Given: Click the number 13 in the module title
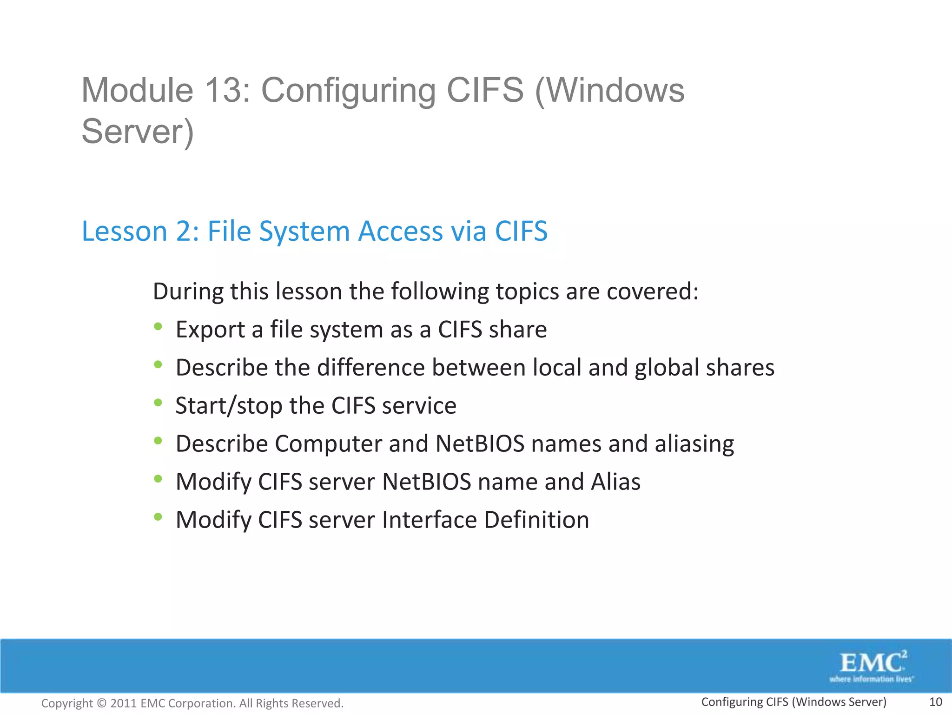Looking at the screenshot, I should click(x=221, y=90).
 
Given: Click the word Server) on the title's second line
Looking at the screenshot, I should click(x=138, y=132).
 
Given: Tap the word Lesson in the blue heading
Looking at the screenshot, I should click(x=124, y=231).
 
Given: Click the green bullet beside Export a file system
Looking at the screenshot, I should click(x=158, y=327).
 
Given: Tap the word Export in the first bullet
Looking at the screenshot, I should click(x=210, y=330).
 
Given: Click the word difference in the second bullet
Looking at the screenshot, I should click(x=371, y=368).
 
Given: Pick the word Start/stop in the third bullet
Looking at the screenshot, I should click(x=229, y=406).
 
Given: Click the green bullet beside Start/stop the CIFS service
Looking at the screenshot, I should click(x=158, y=403).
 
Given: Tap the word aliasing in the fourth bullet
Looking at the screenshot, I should click(x=694, y=444).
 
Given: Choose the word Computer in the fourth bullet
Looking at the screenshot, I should click(x=328, y=444).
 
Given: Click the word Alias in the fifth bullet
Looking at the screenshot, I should click(x=615, y=482).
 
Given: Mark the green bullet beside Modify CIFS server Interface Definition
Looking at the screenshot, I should click(x=158, y=517).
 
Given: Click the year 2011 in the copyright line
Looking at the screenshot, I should click(x=123, y=703).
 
